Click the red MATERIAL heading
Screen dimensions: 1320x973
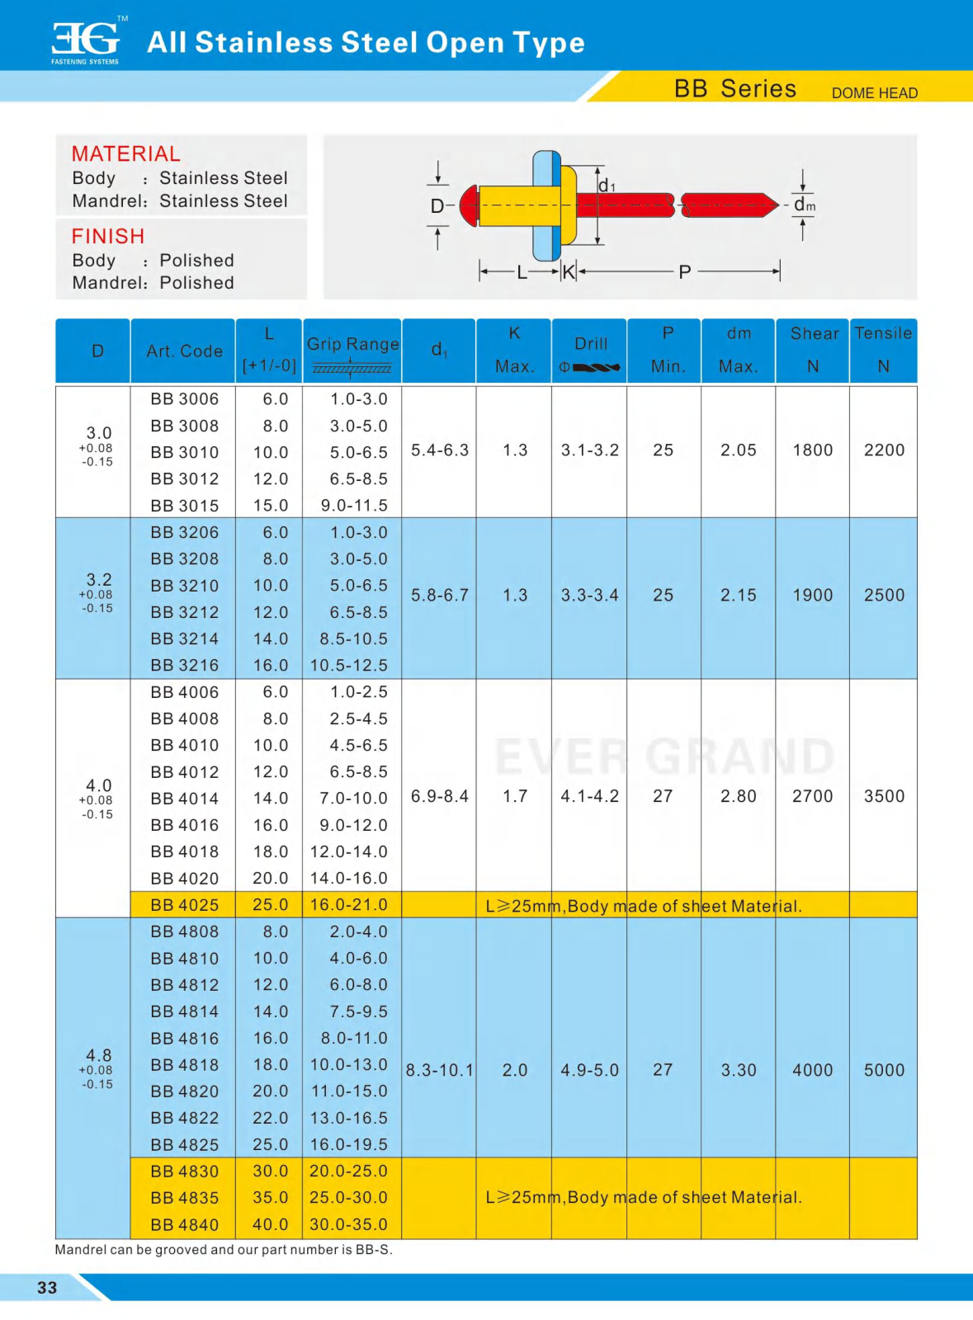pos(125,154)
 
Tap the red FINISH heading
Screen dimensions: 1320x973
pos(107,237)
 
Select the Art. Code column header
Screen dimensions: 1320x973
pos(184,351)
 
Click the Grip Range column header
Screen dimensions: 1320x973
pos(352,345)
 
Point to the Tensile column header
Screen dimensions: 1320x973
pos(883,333)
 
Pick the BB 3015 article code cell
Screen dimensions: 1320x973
pos(184,506)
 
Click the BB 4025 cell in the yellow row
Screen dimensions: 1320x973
pos(184,905)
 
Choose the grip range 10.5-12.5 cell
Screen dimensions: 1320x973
pos(349,666)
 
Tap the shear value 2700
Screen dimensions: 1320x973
pos(812,797)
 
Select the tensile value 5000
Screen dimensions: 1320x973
pos(884,1071)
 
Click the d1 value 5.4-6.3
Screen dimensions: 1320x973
pos(439,450)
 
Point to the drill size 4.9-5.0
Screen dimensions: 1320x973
pos(589,1071)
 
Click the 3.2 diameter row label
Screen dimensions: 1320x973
pos(98,580)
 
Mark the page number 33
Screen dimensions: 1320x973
pos(47,1288)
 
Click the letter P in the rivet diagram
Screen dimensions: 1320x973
pos(684,272)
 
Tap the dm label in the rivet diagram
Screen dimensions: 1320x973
pos(804,205)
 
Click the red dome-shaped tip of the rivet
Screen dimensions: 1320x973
pos(469,205)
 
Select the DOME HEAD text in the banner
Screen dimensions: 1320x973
pos(874,93)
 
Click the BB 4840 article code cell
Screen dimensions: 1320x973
pos(184,1225)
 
